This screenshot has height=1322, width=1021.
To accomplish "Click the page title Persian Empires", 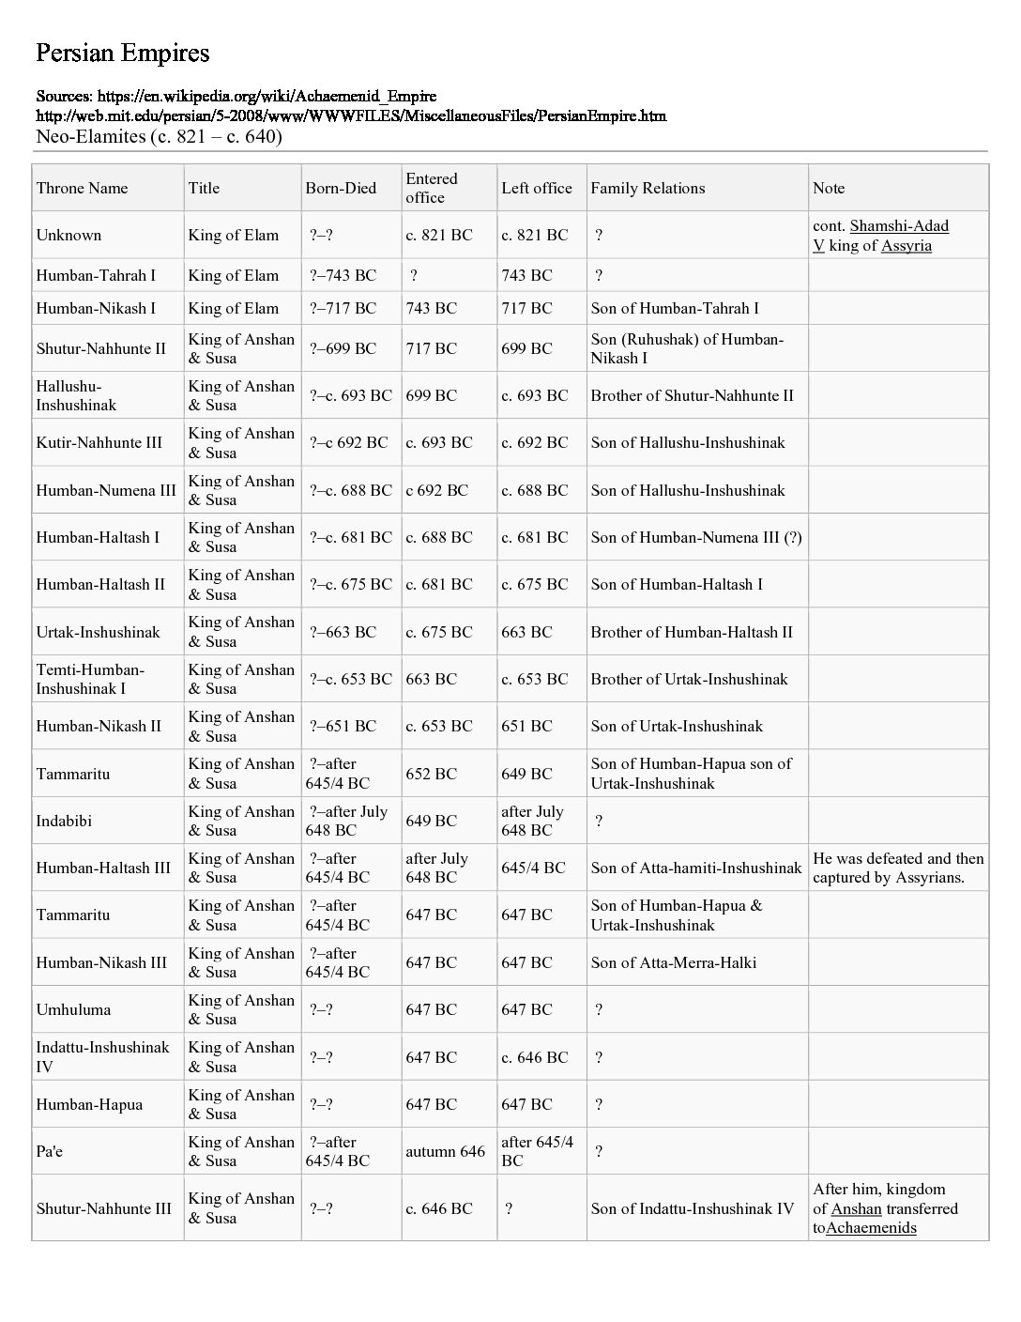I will point(122,53).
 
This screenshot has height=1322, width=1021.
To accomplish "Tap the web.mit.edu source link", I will point(350,115).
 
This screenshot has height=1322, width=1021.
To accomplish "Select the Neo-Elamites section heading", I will point(159,136).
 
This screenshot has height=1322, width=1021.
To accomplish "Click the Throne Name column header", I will point(82,188).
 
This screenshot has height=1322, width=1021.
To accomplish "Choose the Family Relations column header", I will point(648,188).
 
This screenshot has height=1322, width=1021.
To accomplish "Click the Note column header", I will point(829,188).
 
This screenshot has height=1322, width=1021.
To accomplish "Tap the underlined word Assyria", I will point(906,245).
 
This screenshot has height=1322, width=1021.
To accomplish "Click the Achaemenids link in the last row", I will point(871,1227).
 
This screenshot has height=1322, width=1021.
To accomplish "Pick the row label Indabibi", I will point(64,821).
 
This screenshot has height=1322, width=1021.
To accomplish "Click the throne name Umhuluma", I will point(73,1009).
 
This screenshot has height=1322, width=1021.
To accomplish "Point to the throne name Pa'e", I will point(49,1151).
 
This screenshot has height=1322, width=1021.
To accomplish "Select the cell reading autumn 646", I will point(445,1151).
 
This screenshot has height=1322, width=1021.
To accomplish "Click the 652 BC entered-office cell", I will point(431,774).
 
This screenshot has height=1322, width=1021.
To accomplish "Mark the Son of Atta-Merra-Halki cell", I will point(673,962).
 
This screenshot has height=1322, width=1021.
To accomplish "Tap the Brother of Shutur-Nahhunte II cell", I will point(692,395).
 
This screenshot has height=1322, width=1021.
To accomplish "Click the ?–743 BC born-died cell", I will point(343,275).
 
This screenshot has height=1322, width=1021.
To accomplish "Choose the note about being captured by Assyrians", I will point(897,868).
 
